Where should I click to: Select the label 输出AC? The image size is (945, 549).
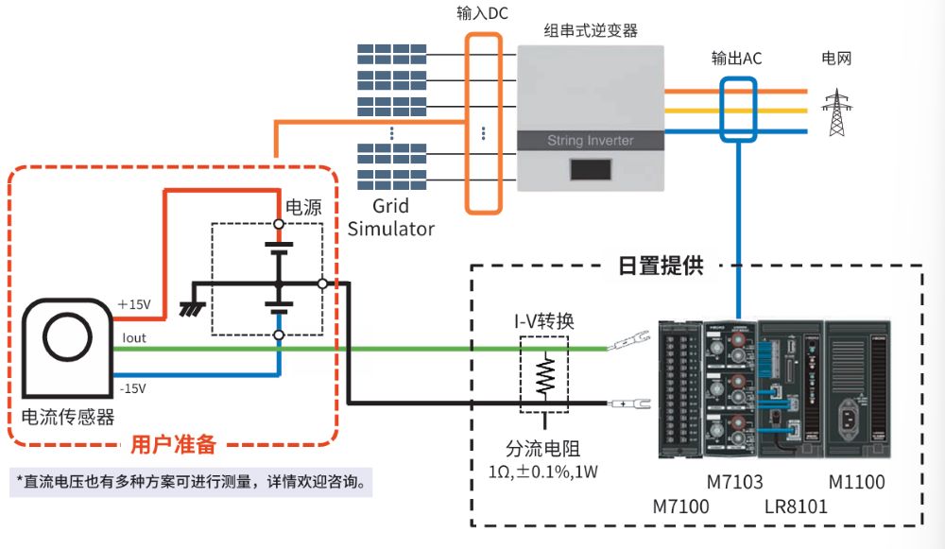click(x=736, y=59)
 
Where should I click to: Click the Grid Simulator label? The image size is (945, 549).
click(x=391, y=217)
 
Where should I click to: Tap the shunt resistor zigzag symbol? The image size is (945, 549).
click(x=545, y=375)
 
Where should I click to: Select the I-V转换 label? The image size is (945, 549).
click(x=543, y=320)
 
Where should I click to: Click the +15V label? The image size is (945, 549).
click(x=135, y=304)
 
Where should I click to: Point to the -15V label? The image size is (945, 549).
click(x=133, y=387)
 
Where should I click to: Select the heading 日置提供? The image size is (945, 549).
click(x=661, y=266)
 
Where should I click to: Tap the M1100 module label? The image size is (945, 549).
click(x=856, y=482)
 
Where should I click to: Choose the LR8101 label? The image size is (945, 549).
click(x=795, y=506)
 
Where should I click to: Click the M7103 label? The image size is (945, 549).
click(x=733, y=482)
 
